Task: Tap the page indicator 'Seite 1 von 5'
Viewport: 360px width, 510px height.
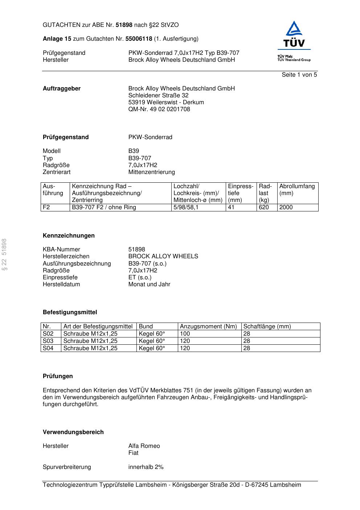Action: (x=299, y=75)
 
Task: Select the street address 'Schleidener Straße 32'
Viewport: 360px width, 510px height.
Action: (x=158, y=96)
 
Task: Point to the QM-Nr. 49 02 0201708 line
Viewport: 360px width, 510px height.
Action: (x=159, y=109)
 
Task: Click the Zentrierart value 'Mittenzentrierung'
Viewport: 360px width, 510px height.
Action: (x=151, y=172)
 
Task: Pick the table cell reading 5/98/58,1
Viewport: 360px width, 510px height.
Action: (x=186, y=207)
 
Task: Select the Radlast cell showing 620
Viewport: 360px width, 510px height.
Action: (x=264, y=207)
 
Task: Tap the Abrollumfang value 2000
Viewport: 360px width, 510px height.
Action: (x=286, y=207)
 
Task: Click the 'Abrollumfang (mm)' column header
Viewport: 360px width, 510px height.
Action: (x=297, y=190)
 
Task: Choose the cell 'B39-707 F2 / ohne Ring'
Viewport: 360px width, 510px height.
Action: (x=104, y=207)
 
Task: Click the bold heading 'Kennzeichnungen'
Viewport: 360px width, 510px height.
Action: (x=69, y=236)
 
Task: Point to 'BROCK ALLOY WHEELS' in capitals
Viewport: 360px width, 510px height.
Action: (x=163, y=256)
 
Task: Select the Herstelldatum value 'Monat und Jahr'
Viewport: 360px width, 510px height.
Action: (x=149, y=284)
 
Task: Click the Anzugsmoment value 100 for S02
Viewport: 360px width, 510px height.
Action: (x=185, y=334)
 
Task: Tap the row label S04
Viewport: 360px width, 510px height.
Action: (x=48, y=348)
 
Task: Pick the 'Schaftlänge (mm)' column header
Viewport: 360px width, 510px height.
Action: (x=267, y=327)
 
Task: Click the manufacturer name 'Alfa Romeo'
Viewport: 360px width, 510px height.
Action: (x=144, y=446)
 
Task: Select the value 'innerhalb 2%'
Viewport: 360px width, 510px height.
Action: (x=146, y=467)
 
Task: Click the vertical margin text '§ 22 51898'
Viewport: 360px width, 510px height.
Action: (x=4, y=254)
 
